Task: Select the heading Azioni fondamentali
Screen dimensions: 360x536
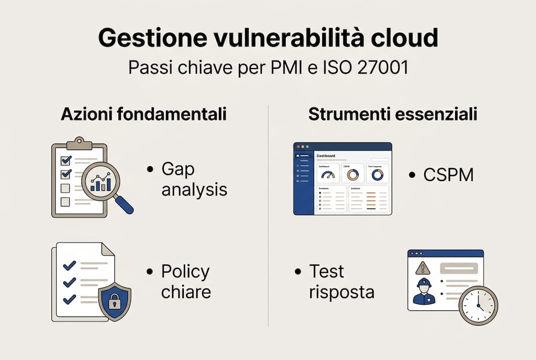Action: coord(143,114)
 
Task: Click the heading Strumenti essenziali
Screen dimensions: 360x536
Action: coord(392,114)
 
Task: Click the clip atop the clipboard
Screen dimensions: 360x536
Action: coord(78,143)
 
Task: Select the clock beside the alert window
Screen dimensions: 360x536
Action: coord(478,305)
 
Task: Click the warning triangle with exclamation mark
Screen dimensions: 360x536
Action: coord(423,268)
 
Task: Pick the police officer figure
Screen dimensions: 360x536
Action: coord(424,291)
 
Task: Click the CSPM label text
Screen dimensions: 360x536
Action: coord(448,175)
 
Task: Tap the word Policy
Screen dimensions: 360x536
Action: coord(185,271)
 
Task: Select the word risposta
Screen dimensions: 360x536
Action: coord(342,291)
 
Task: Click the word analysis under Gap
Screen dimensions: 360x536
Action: coord(194,189)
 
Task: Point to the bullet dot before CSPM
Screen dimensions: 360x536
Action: coord(412,175)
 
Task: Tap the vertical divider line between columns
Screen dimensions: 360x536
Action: coord(268,215)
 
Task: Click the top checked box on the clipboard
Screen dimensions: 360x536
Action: coord(66,160)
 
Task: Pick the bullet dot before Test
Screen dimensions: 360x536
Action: coord(298,271)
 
